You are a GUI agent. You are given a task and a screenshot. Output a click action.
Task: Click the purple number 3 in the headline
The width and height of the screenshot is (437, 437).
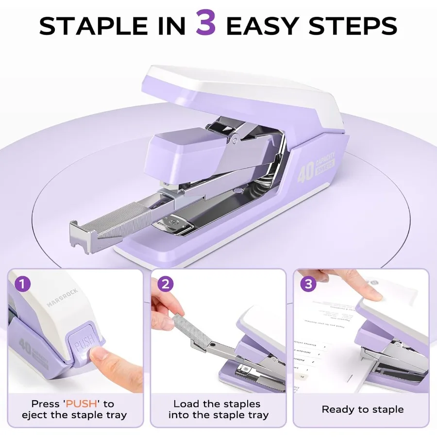click(x=206, y=24)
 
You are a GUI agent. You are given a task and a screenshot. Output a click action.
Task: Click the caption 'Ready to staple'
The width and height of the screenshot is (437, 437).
click(x=362, y=409)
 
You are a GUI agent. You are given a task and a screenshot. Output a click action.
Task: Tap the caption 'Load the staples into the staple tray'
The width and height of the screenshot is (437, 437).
click(x=218, y=409)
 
